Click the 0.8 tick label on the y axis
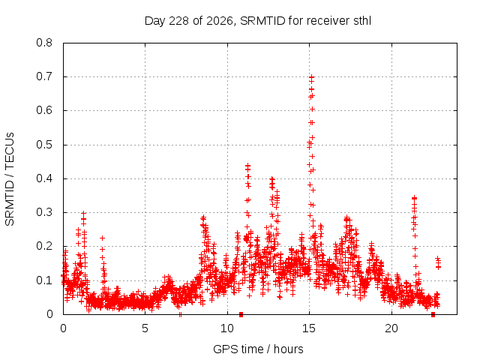tap(44, 43)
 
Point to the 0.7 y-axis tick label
tap(44, 76)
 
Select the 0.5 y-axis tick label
tap(44, 145)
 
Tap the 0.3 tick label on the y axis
tap(44, 212)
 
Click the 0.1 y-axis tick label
tap(44, 280)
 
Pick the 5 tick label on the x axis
tap(145, 328)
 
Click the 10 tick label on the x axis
tap(227, 328)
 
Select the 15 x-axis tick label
tap(309, 328)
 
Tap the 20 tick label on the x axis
tap(391, 328)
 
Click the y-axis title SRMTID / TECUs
tap(10, 179)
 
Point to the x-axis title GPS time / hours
tap(258, 349)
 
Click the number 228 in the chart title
tap(178, 21)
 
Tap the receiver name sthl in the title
tap(362, 21)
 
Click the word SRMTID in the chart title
tap(262, 21)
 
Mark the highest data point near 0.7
tap(312, 76)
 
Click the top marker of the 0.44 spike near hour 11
tap(248, 166)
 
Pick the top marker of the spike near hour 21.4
tap(415, 198)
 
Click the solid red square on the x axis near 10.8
tap(241, 314)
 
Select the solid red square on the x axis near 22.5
tap(433, 314)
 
